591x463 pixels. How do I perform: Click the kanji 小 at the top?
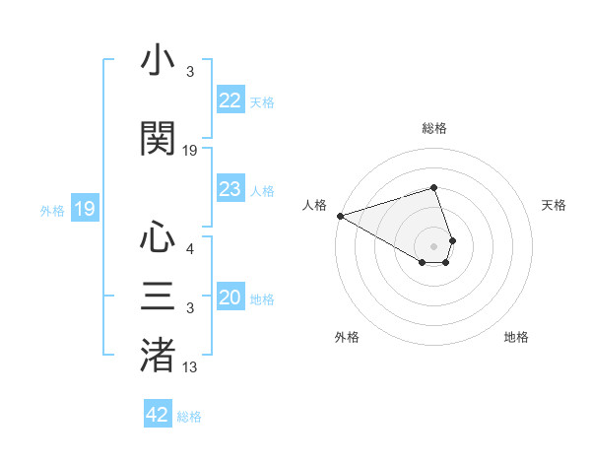point(158,62)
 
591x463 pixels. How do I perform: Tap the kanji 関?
point(158,138)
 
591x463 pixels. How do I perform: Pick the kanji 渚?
point(158,356)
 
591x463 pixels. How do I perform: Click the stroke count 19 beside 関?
point(190,151)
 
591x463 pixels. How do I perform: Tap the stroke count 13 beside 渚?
point(190,368)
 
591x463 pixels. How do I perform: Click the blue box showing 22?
point(230,100)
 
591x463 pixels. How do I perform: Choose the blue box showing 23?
point(230,189)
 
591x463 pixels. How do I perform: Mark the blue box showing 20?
point(230,298)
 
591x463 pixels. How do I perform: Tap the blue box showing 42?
point(158,415)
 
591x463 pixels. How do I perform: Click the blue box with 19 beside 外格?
point(85,209)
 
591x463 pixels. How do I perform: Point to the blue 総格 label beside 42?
point(189,417)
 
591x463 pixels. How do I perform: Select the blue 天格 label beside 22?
point(262,102)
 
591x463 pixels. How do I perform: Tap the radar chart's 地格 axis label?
point(516,337)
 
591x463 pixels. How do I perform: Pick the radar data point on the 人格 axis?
point(340,216)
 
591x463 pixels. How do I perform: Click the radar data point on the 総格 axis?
point(433,187)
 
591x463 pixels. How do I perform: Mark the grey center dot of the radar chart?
point(433,245)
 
